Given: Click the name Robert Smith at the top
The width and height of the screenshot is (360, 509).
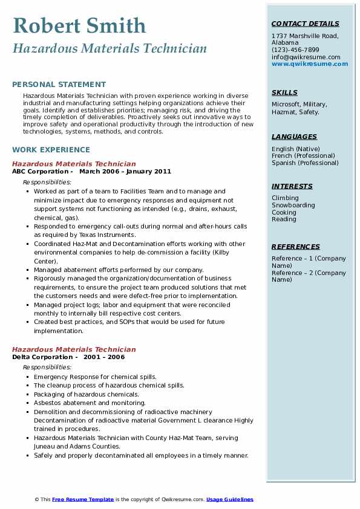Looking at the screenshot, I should click(79, 25).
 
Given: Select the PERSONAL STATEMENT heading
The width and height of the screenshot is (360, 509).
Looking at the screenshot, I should click(59, 85).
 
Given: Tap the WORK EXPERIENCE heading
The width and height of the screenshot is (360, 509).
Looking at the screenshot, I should click(51, 149).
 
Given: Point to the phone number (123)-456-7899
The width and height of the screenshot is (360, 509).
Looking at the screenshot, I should click(295, 50).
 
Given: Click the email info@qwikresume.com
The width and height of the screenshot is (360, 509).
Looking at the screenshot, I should click(306, 57).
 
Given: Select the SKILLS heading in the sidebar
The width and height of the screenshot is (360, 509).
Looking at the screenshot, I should click(284, 92).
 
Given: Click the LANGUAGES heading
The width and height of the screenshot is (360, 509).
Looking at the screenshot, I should click(294, 137).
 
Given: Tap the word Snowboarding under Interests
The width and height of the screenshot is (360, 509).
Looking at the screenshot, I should click(293, 205).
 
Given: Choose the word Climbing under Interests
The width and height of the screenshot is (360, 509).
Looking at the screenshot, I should click(285, 198).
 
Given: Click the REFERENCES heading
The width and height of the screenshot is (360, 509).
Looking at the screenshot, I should click(295, 247).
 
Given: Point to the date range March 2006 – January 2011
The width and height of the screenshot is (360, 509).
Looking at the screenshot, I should click(125, 171).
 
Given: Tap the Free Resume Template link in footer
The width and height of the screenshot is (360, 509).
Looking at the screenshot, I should click(83, 499).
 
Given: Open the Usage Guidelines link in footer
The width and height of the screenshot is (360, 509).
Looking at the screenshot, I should click(229, 499).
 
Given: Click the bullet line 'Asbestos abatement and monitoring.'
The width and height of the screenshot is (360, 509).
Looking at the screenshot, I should click(90, 403).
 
